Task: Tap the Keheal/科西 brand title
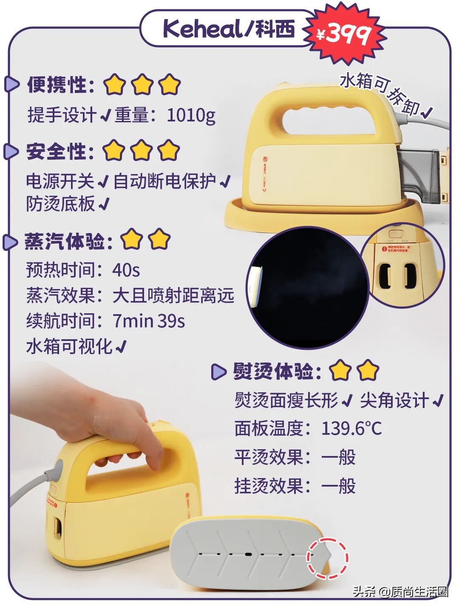tap(228, 29)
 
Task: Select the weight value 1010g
tap(191, 115)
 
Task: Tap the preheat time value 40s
tap(126, 270)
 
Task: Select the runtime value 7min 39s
tap(149, 321)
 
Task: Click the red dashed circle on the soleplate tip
tap(328, 558)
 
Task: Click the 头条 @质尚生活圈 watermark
tap(400, 591)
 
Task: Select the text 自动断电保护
tap(164, 181)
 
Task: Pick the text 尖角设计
tap(394, 400)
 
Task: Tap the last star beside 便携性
tap(170, 84)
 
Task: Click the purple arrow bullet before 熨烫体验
tap(218, 372)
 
